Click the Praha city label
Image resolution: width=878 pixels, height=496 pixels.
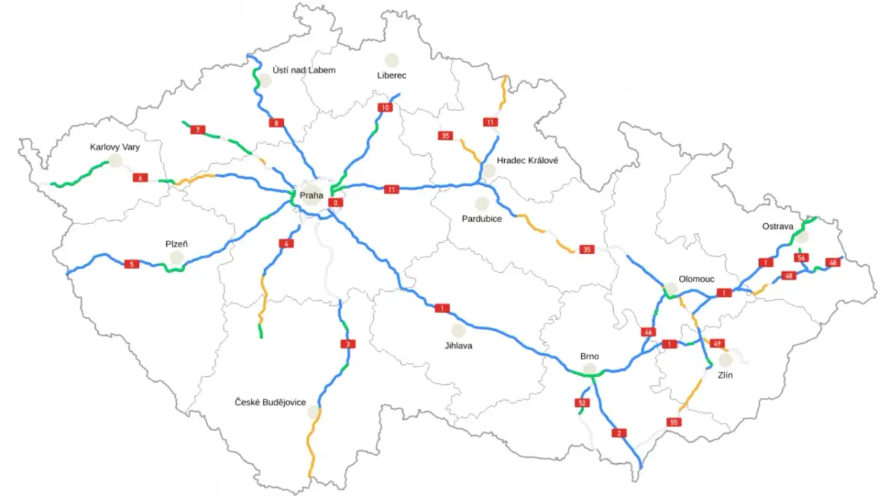tap(311, 195)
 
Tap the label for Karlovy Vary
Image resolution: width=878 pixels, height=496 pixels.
tap(114, 147)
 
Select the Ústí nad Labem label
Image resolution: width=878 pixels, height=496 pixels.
tap(304, 69)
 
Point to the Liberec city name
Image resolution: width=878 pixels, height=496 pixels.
tap(391, 75)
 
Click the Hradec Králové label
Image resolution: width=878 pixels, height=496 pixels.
tap(527, 160)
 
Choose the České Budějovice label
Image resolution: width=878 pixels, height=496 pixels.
tap(270, 402)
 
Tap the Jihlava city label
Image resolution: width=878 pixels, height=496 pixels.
tap(458, 345)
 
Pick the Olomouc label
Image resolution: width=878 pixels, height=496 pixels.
tap(697, 279)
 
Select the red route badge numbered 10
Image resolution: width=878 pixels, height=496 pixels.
tap(385, 108)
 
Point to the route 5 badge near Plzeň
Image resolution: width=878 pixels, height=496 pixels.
tap(131, 263)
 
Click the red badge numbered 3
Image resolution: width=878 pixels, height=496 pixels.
tap(348, 344)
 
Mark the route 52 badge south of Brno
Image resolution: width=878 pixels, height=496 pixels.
tap(582, 403)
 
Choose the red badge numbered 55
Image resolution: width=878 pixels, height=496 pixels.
tap(673, 422)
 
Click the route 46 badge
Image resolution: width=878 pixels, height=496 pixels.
tap(648, 332)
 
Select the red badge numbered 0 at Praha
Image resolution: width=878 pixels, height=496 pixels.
tap(336, 202)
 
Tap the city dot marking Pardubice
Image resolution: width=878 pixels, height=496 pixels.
tap(481, 203)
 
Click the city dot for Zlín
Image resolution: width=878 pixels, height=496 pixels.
tap(725, 359)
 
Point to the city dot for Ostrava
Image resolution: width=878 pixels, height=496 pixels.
tap(802, 237)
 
